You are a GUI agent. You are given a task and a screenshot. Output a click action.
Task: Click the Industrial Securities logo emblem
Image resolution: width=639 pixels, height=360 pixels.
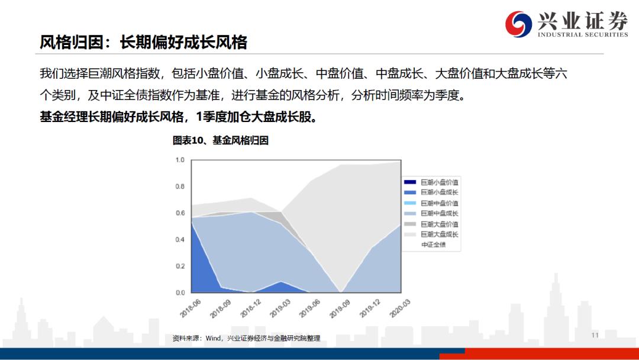[518, 23]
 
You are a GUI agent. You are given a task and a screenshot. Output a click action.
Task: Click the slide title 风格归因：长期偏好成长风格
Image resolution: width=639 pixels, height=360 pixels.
[143, 42]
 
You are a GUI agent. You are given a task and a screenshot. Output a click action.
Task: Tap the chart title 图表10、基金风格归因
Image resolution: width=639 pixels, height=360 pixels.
[221, 140]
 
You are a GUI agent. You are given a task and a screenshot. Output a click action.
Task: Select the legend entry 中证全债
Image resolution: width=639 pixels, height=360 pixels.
[433, 245]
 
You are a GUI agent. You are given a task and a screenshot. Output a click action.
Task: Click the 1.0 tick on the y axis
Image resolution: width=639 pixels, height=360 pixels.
[180, 160]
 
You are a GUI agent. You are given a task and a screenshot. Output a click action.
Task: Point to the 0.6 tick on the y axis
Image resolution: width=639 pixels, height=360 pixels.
[180, 213]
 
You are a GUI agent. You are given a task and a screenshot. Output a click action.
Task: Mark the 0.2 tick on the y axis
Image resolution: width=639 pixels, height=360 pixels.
[180, 266]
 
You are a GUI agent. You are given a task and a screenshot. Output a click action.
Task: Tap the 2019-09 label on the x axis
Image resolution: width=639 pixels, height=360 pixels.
[340, 308]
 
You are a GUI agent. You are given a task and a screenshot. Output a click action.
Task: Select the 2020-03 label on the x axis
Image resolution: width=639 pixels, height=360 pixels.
[399, 308]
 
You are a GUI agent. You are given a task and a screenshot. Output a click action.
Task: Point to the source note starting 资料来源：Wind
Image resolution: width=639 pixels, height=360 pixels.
[246, 338]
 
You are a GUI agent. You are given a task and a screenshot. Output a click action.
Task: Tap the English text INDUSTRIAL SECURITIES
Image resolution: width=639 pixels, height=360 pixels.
[582, 34]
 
